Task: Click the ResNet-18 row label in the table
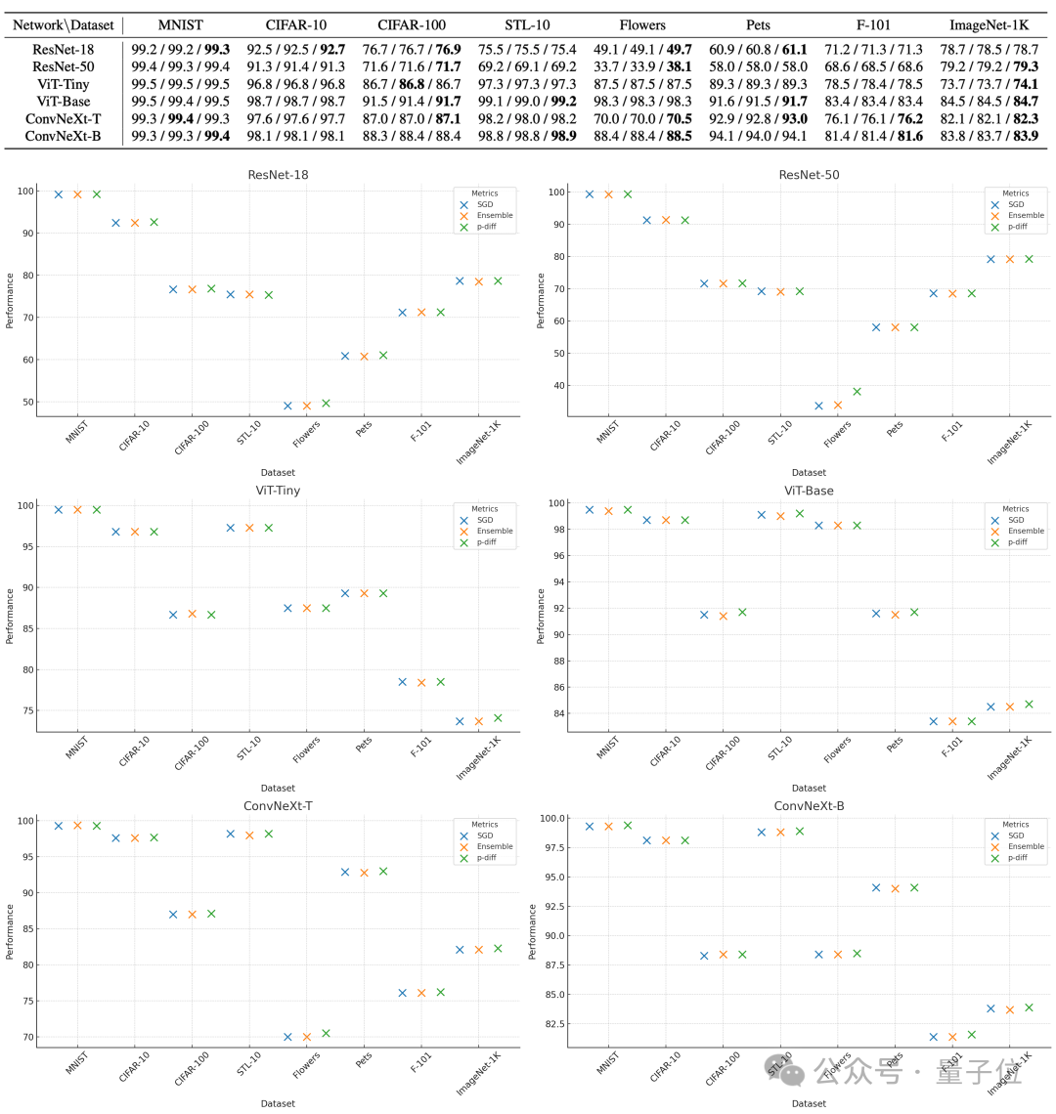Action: (x=64, y=49)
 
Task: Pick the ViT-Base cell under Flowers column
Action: (x=642, y=102)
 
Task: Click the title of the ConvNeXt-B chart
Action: (x=809, y=806)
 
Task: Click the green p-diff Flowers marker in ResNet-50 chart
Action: (x=857, y=392)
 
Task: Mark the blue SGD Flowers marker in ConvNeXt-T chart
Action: (x=287, y=1037)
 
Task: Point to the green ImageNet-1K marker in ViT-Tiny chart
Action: (x=498, y=718)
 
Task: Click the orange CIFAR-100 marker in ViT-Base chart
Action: (x=724, y=616)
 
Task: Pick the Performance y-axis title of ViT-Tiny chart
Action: (x=11, y=616)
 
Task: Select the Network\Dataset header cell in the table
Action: (x=64, y=24)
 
